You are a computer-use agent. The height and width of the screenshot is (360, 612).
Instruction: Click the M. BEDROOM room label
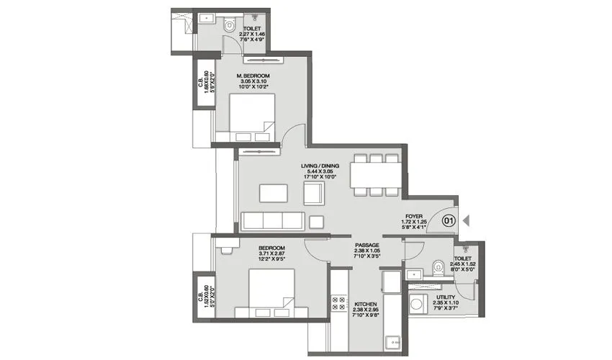coord(253,76)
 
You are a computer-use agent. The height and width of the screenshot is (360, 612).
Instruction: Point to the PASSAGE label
coord(366,245)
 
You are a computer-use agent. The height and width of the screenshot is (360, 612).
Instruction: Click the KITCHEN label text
coord(366,305)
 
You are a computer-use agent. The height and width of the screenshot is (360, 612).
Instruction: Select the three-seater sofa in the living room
coord(271,220)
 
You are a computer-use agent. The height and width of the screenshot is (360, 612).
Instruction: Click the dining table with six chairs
coord(375,175)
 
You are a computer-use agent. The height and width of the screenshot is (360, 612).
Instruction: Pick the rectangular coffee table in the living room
coord(272,193)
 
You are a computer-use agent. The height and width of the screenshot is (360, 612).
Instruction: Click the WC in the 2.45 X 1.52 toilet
coord(438,267)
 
